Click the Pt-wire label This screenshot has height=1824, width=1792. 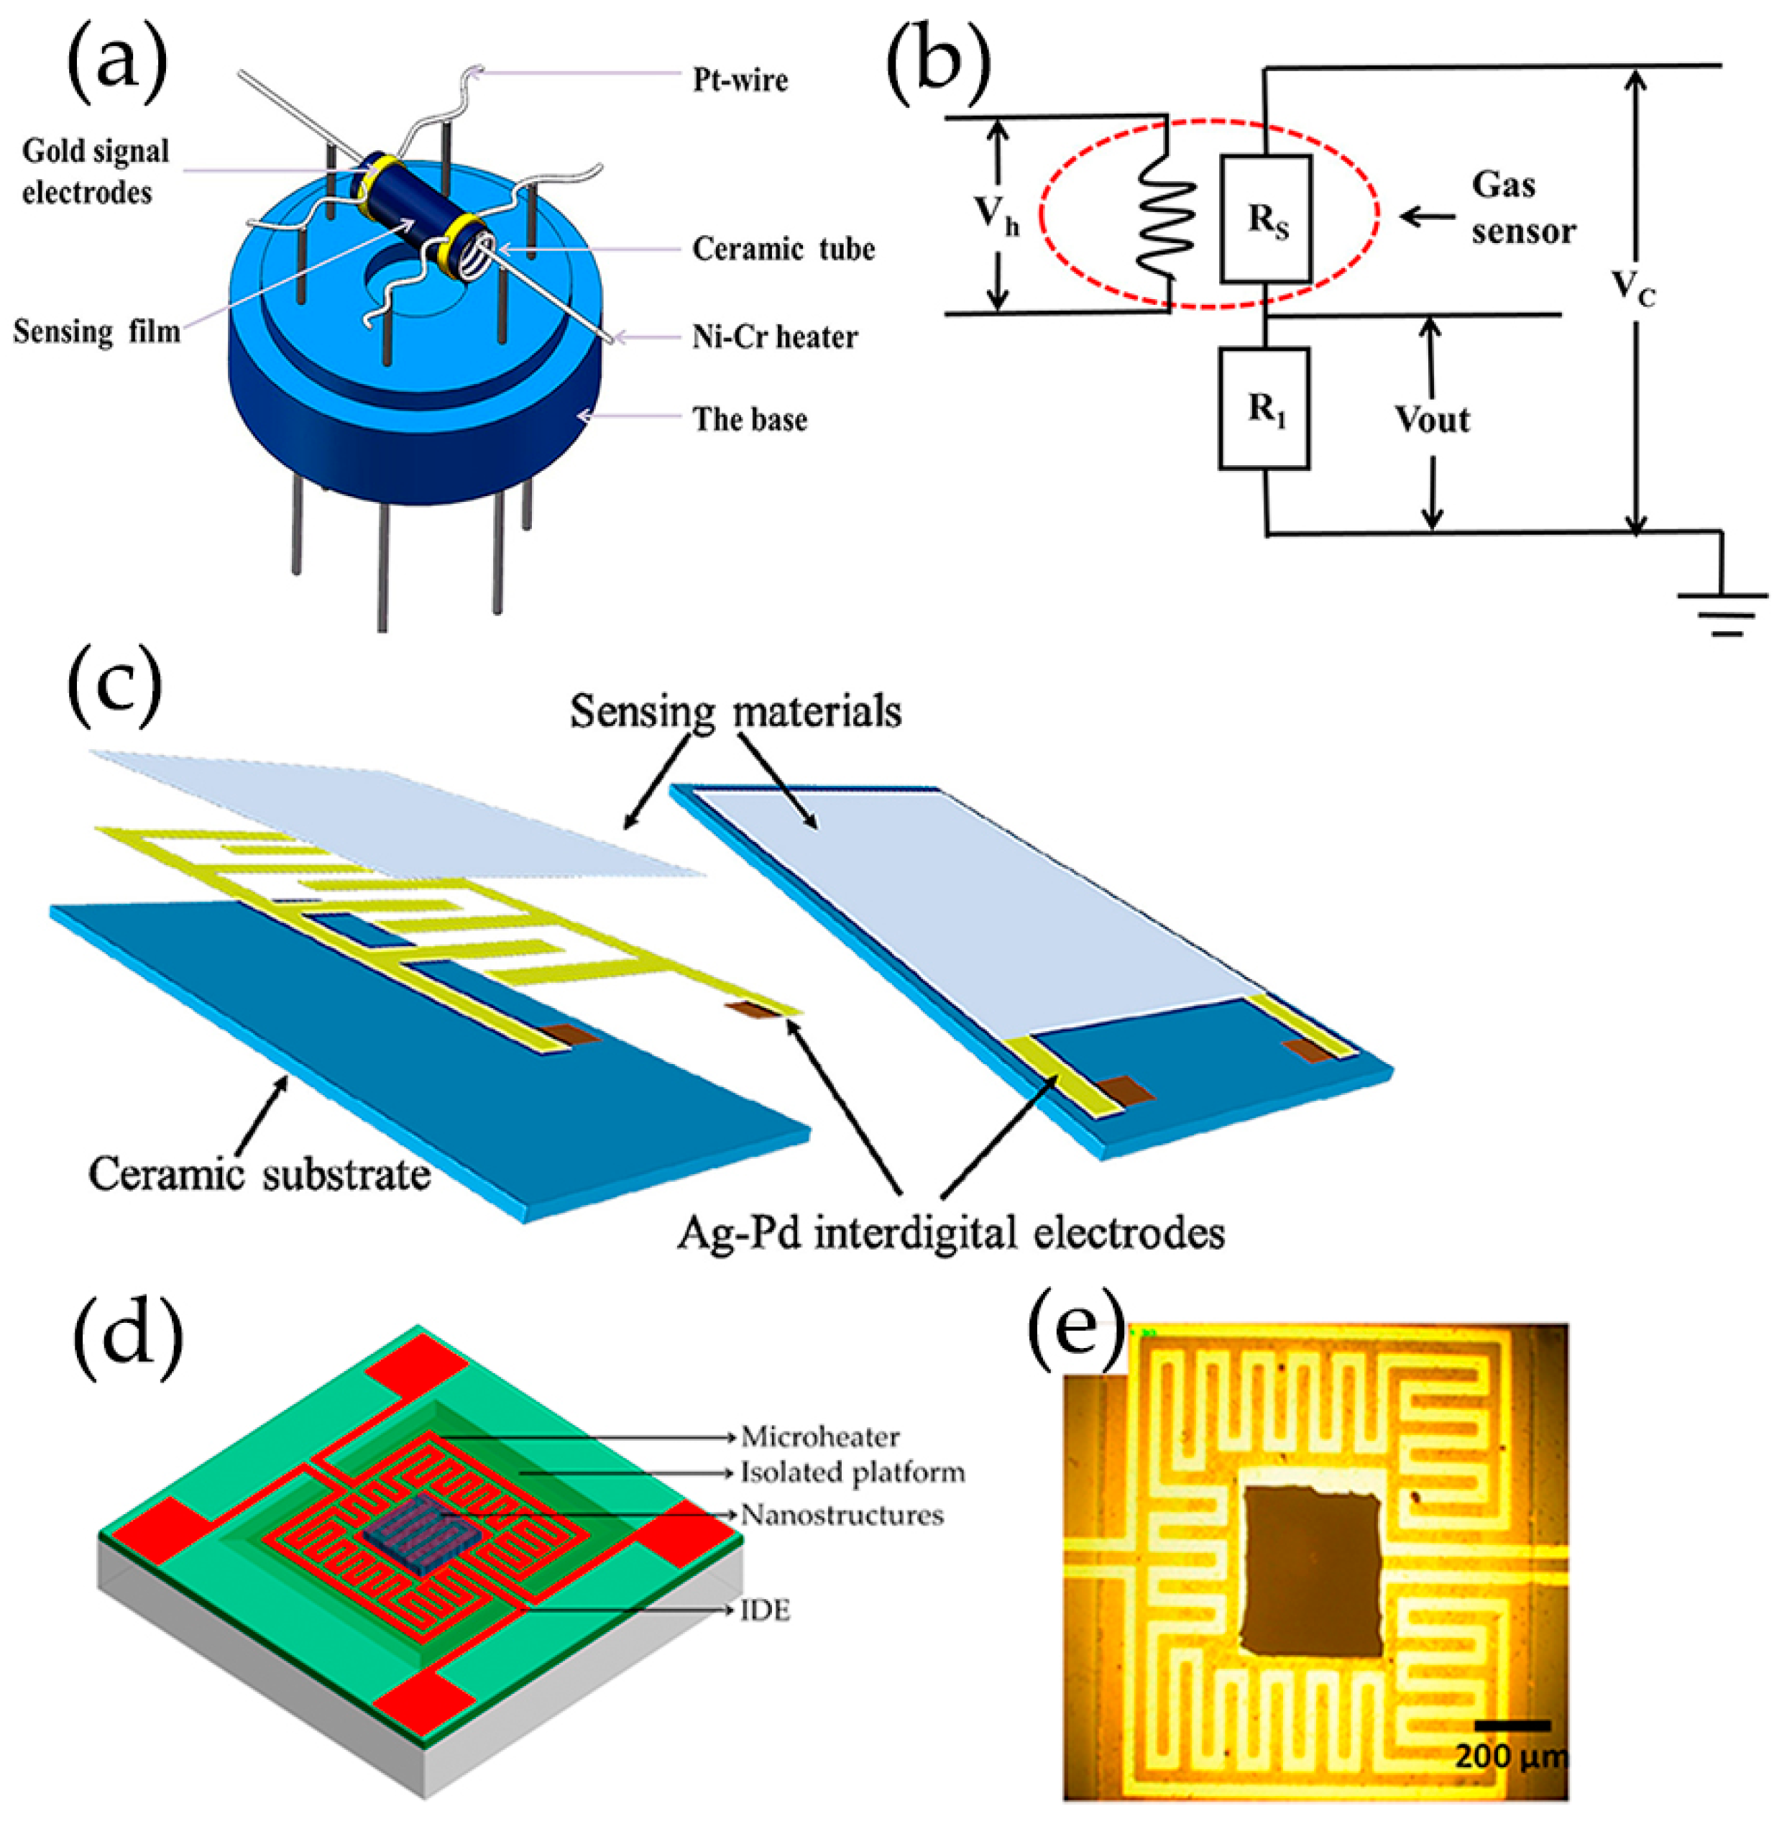740,81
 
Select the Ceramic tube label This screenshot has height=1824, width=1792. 783,249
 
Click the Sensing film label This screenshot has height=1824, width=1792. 96,331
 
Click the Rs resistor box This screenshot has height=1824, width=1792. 1266,219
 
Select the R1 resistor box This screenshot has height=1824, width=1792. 1264,408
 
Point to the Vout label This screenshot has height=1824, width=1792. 1432,420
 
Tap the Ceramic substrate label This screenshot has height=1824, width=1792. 259,1175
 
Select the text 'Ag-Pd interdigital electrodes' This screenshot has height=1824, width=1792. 950,1233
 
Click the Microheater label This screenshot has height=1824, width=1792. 819,1437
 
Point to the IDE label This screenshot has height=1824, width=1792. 766,1611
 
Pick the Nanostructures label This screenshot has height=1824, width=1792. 842,1516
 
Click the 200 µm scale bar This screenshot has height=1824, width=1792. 1512,1726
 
